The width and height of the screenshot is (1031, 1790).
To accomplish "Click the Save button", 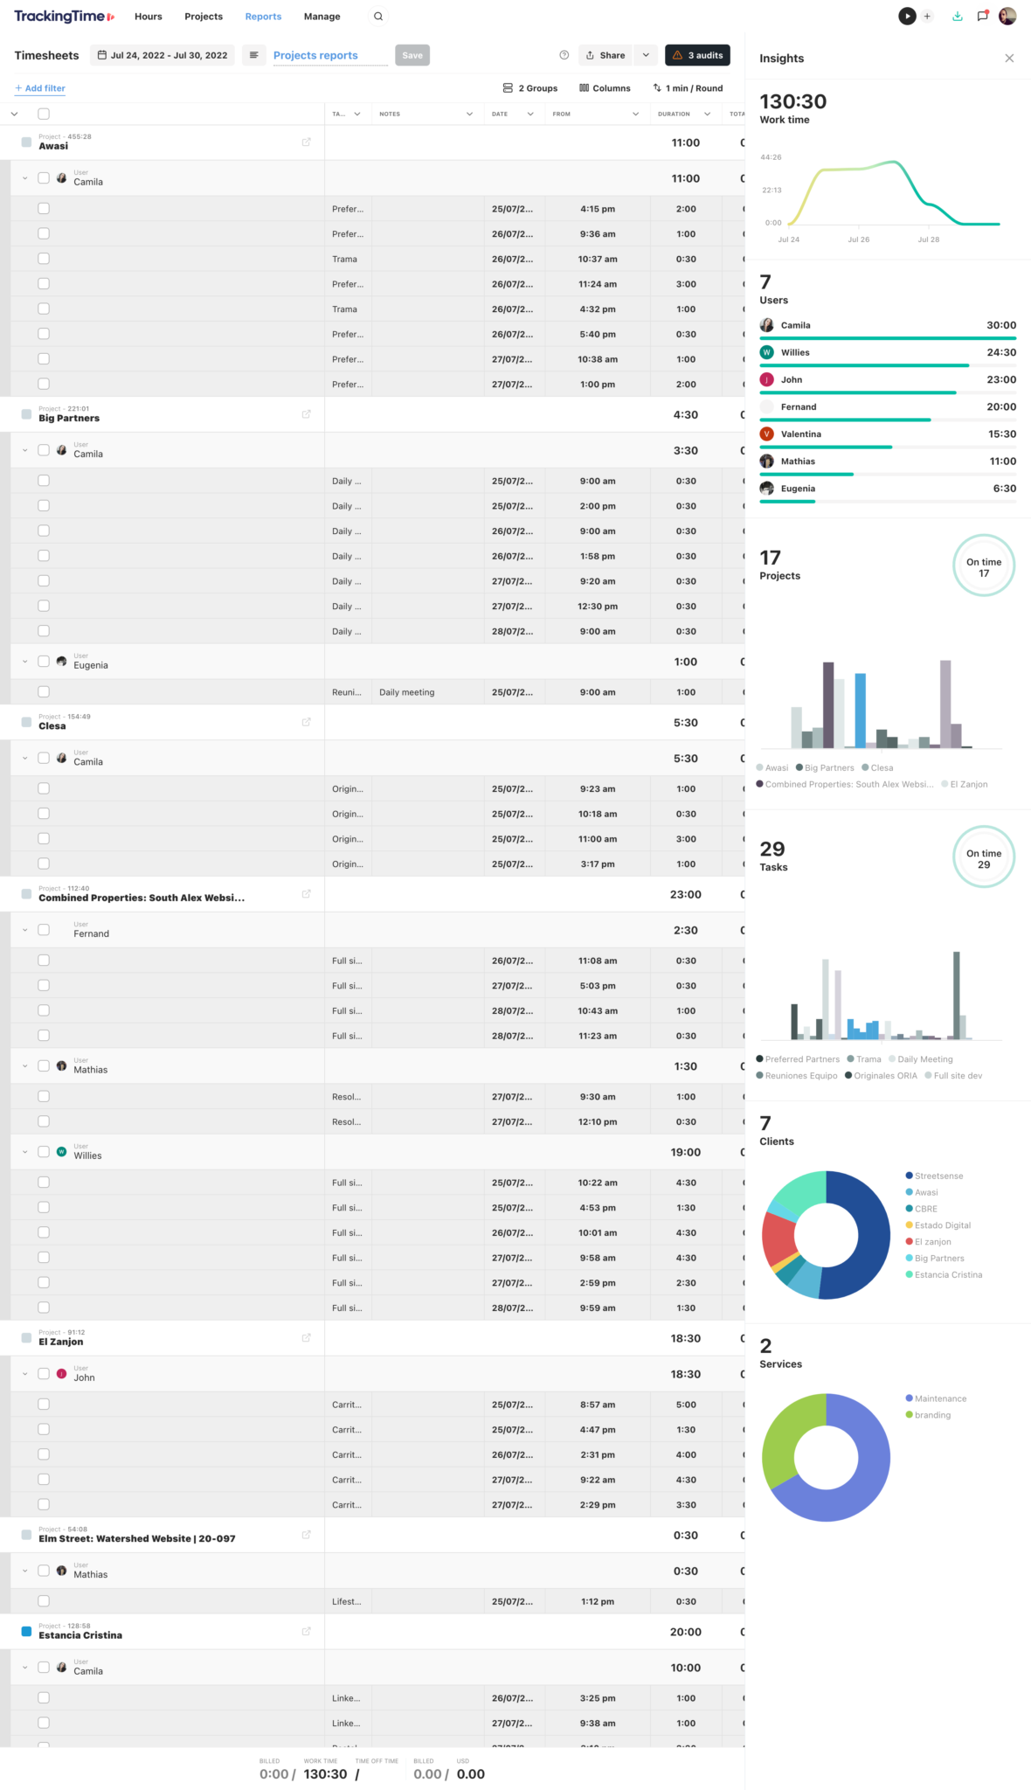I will pos(412,55).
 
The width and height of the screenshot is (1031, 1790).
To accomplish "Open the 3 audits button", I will pos(697,55).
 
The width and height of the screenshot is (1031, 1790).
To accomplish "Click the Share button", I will pos(605,55).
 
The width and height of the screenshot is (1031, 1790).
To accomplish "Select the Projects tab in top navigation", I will pos(204,17).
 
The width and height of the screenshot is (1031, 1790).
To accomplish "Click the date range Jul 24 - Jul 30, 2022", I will pos(163,55).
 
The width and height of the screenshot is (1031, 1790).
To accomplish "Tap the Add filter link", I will pos(40,88).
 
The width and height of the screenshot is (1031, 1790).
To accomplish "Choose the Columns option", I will pos(605,88).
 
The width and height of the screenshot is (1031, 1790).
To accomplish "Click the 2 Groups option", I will pos(530,88).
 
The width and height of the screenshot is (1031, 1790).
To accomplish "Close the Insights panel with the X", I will pos(1009,59).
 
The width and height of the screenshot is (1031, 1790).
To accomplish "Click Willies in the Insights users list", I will pos(795,352).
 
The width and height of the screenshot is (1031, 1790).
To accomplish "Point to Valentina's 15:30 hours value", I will pos(1001,434).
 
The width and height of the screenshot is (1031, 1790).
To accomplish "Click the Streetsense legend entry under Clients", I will pos(938,1176).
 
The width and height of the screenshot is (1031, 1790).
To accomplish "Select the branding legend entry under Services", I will pos(932,1415).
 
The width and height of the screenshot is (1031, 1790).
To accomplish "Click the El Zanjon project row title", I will pos(61,1342).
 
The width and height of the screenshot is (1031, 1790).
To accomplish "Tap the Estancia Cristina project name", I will pos(80,1634).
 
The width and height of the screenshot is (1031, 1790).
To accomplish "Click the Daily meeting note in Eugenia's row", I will pos(407,692).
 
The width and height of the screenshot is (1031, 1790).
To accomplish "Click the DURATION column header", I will pos(674,114).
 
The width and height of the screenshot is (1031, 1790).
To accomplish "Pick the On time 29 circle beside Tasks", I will pos(984,858).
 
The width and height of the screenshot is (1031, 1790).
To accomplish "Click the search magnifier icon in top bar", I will pos(378,17).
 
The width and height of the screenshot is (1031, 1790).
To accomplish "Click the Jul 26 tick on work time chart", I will pos(858,239).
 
